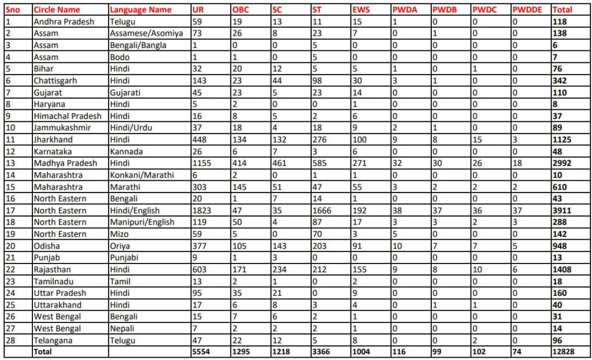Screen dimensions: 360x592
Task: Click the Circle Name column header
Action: [x=57, y=10]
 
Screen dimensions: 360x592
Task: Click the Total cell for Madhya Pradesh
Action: [x=562, y=163]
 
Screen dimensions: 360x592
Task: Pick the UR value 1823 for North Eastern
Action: [x=202, y=210]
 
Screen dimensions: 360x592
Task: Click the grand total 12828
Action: [x=564, y=351]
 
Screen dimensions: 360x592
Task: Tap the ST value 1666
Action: [x=321, y=210]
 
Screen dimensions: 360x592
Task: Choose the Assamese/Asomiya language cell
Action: [x=146, y=34]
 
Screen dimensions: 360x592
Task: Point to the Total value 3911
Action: [x=562, y=210]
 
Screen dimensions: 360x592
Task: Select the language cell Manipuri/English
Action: [x=143, y=222]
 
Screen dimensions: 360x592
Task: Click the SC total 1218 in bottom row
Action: [x=281, y=351]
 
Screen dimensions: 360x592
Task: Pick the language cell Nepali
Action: [x=123, y=328]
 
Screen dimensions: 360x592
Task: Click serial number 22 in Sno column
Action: [x=9, y=269]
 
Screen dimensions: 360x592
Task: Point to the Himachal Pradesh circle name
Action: [x=67, y=116]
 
